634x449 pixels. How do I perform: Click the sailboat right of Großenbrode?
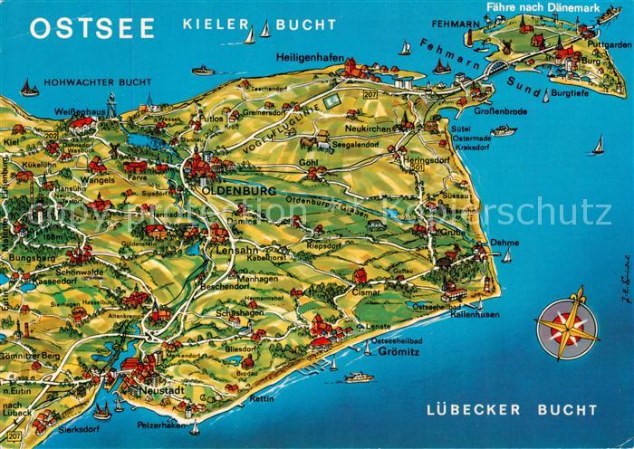[x=598, y=145]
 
